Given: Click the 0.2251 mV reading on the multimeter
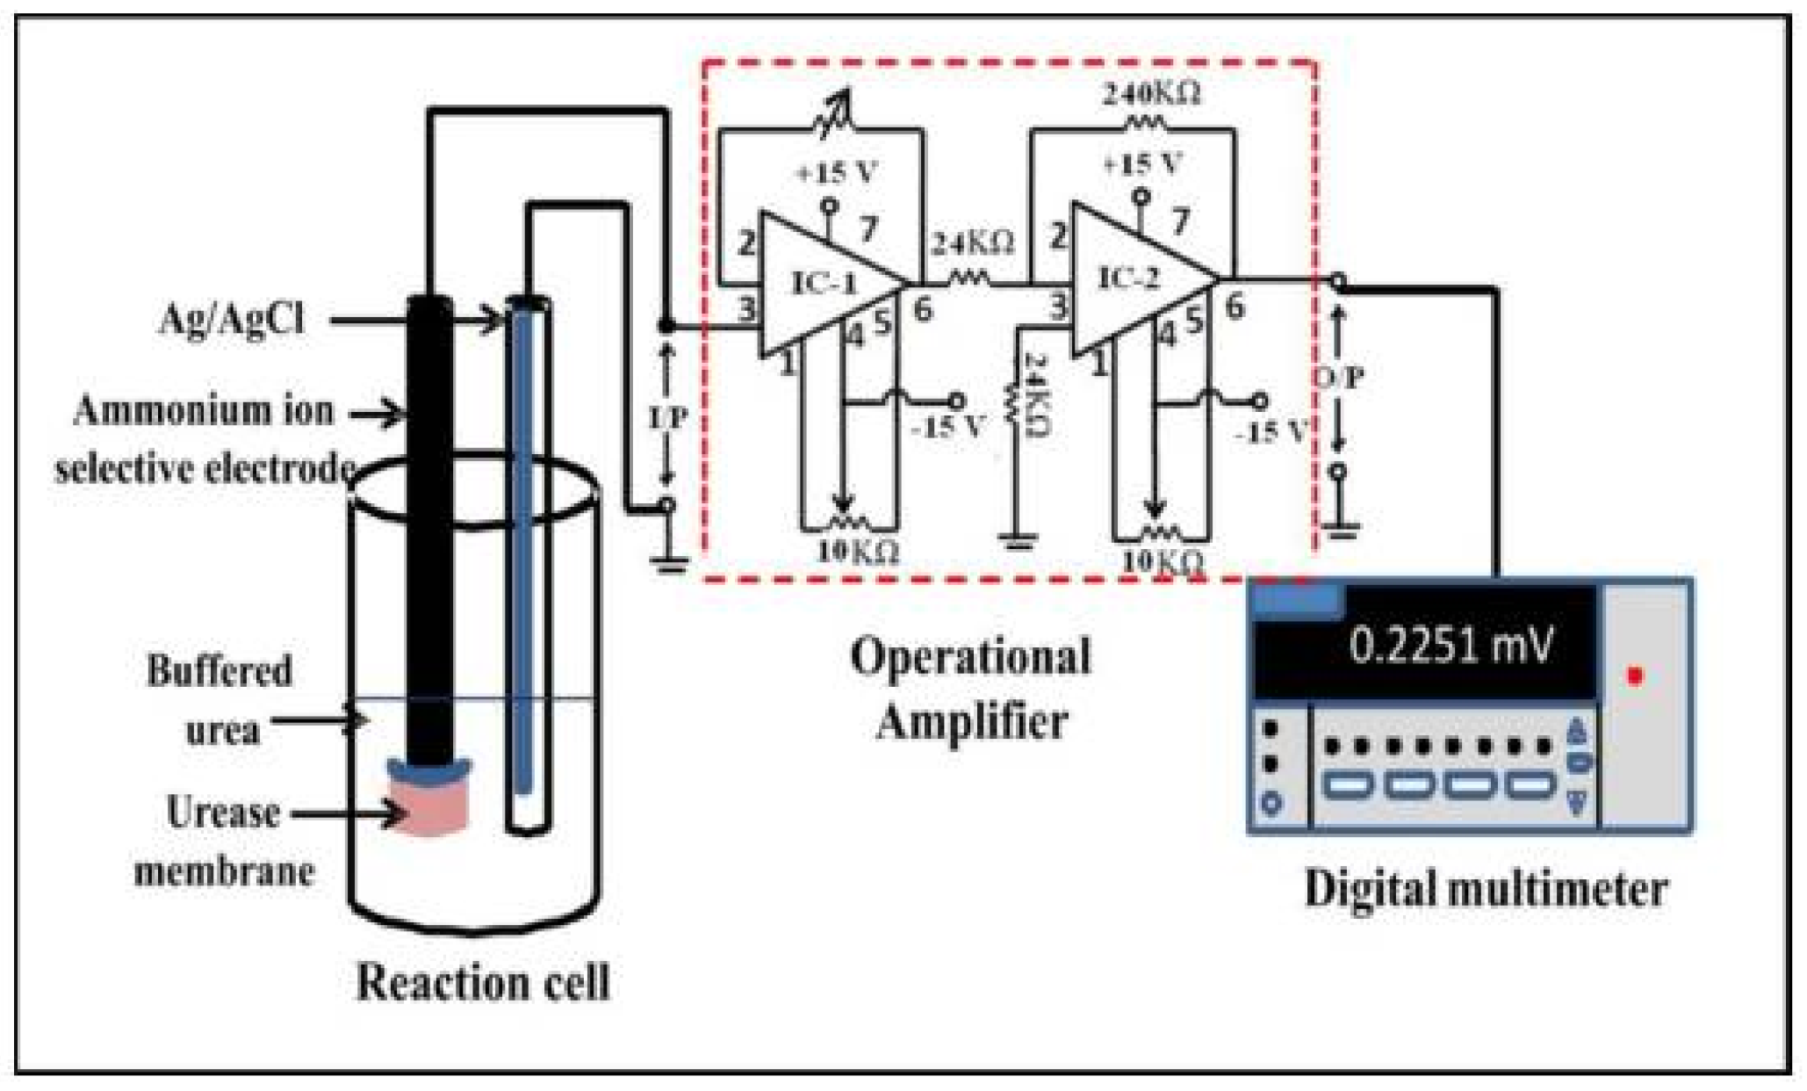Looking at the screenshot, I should click(x=1450, y=646).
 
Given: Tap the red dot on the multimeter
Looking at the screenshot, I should click(x=1634, y=676).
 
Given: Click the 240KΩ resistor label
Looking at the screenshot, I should click(x=1151, y=94).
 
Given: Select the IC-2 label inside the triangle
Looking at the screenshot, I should click(x=1129, y=278).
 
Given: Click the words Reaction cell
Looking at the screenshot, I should click(x=482, y=982).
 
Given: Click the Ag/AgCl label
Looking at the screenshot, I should click(x=232, y=318).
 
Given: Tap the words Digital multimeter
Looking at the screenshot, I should click(x=1485, y=888).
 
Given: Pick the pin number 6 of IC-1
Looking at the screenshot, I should click(x=922, y=309).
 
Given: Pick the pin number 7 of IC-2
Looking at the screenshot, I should click(x=1181, y=220).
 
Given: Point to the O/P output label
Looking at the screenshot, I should click(x=1339, y=378).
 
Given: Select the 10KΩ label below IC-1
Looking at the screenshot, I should click(x=859, y=553).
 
